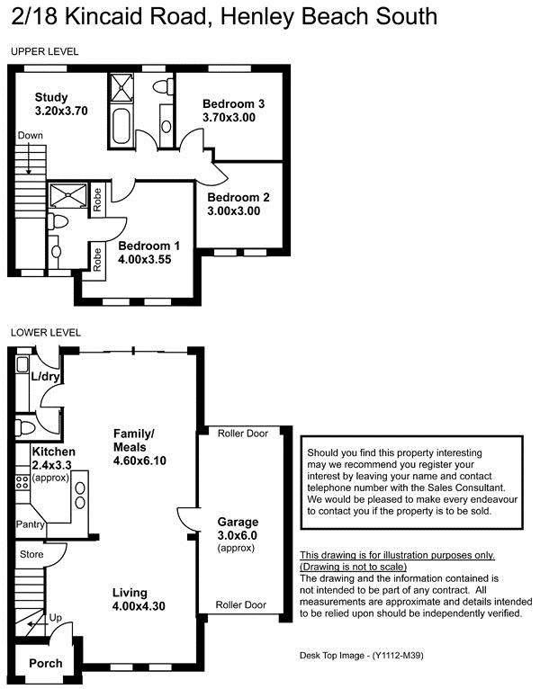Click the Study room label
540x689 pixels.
tap(51, 97)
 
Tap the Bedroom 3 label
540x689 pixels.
tap(233, 103)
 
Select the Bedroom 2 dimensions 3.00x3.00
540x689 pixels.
tap(233, 210)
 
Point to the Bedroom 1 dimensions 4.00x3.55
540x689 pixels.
tap(145, 259)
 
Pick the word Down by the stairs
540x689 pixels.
tap(31, 135)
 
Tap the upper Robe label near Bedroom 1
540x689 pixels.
tap(97, 199)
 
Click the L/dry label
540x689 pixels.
tap(45, 376)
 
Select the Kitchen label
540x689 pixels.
tap(54, 452)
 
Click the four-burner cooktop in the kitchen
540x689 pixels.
tap(22, 482)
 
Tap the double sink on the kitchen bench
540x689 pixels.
tap(80, 496)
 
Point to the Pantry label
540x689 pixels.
tap(31, 524)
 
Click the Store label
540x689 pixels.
tap(31, 555)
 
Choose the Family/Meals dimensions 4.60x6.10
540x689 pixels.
tap(139, 461)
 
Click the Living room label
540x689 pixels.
tap(130, 593)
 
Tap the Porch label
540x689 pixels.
tap(46, 663)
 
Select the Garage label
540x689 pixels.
tap(238, 522)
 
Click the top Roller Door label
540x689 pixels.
tap(243, 434)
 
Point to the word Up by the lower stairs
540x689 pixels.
tap(56, 618)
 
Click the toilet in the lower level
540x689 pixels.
tap(25, 427)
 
